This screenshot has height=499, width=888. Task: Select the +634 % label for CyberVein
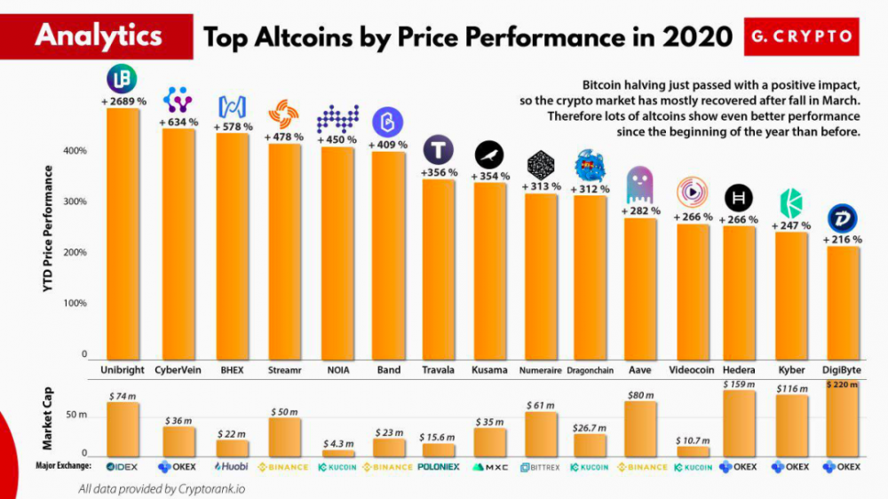178,122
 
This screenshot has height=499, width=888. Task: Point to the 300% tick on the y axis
74,202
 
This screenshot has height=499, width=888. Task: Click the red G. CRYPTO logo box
800,37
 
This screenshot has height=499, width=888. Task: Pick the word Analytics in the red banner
99,36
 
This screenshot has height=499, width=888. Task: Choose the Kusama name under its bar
490,369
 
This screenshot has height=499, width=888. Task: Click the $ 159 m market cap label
738,384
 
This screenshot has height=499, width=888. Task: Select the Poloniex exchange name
436,465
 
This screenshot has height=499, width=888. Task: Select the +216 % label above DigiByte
843,240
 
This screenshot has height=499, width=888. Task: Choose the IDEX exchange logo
122,465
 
